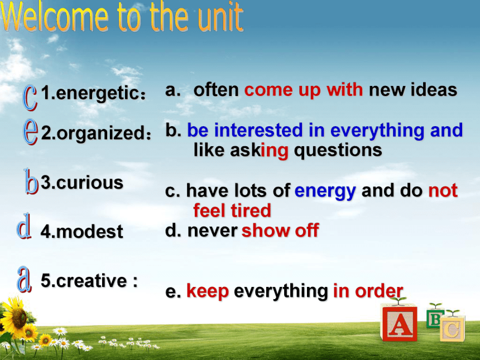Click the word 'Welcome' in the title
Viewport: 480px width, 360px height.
(55, 17)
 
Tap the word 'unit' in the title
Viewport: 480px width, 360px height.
(220, 17)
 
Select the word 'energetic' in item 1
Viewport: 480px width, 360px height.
(97, 93)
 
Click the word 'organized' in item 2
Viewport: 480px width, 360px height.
(100, 133)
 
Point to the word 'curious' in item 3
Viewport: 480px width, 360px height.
(89, 183)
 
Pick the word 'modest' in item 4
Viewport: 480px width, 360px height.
(89, 232)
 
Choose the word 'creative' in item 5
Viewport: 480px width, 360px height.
(92, 280)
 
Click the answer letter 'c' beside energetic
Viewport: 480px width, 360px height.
(30, 98)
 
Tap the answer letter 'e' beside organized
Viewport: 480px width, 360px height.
(31, 132)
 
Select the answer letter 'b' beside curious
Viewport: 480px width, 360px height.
(31, 182)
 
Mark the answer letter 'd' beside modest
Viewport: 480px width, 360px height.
(24, 226)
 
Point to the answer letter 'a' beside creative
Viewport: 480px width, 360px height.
(24, 279)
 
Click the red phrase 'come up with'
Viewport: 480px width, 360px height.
(304, 90)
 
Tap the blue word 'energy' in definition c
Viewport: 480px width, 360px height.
(325, 191)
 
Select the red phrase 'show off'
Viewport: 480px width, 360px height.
(280, 230)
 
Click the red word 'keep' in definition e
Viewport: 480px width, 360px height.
(208, 291)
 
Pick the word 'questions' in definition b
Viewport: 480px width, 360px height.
(338, 151)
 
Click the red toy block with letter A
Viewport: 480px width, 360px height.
(399, 322)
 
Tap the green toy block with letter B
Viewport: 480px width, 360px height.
(434, 318)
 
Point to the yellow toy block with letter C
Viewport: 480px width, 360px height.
(453, 329)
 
